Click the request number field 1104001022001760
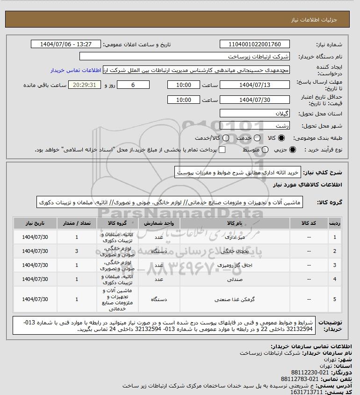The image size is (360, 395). pyautogui.click(x=255, y=44)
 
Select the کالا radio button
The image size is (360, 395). pyautogui.click(x=281, y=138)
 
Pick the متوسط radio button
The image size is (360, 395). pyautogui.click(x=266, y=150)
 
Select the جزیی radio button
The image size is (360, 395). pyautogui.click(x=293, y=150)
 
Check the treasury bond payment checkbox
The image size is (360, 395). pyautogui.click(x=222, y=150)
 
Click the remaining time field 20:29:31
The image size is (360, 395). pyautogui.click(x=85, y=85)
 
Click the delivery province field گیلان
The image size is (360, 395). pyautogui.click(x=255, y=114)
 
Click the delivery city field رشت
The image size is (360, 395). pyautogui.click(x=255, y=125)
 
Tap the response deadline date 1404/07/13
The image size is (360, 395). pyautogui.click(x=255, y=85)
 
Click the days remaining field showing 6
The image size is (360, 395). pyautogui.click(x=133, y=85)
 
